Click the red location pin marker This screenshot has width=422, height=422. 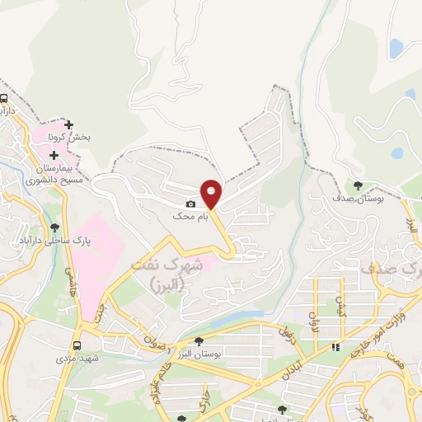tap(212, 193)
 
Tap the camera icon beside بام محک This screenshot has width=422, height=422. tap(191, 204)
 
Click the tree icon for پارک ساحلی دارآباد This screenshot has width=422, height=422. tap(55, 227)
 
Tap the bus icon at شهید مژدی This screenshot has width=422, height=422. tap(77, 345)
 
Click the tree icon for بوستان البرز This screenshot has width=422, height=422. tap(198, 340)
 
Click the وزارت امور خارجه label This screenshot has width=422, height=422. tap(382, 323)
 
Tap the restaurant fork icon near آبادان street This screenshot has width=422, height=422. tap(335, 349)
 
